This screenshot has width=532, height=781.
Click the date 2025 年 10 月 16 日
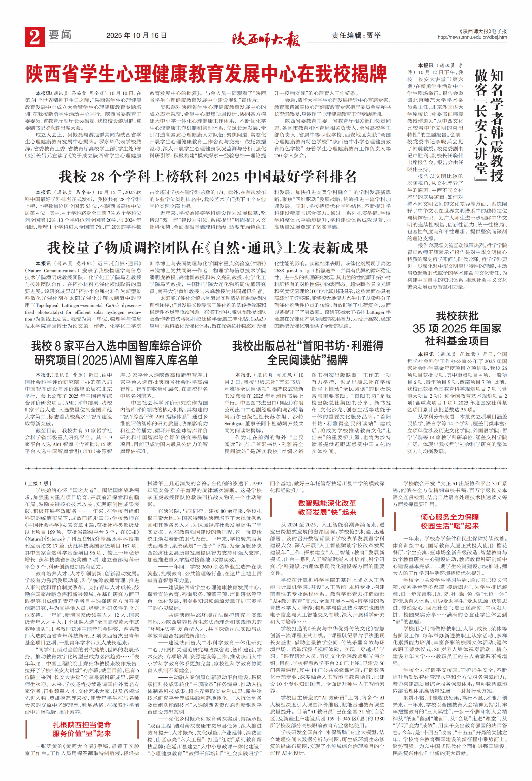pos(136,36)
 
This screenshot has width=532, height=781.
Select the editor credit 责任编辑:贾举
pos(356,36)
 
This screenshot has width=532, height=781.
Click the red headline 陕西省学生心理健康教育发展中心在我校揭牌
pos(206,74)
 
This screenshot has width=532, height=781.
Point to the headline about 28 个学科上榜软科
pos(207,176)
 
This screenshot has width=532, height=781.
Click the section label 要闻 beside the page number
pos(60,35)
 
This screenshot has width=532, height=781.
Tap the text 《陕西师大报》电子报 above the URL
pos(483,31)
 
